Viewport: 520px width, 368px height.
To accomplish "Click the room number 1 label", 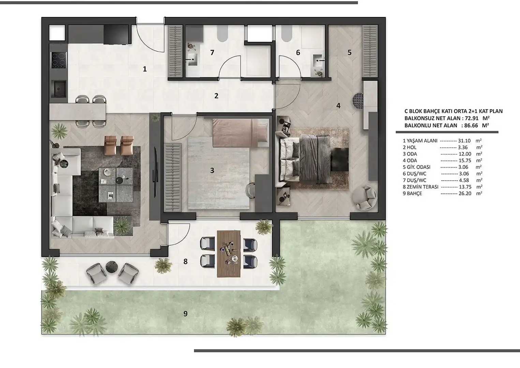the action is (145, 69).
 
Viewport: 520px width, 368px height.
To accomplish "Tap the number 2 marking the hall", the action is (217, 96).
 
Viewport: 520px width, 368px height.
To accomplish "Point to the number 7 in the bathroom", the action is (212, 53).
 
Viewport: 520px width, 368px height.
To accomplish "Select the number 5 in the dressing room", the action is (350, 53).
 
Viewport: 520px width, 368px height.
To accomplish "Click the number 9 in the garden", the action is (185, 314).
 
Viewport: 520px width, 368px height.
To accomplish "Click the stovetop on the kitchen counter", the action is (59, 60).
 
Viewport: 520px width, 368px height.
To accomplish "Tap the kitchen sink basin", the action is (59, 88).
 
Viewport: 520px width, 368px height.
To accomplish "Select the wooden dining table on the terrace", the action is (228, 254).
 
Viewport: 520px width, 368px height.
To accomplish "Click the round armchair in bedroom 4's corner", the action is (365, 198).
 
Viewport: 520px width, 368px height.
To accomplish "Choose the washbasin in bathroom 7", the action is (192, 60).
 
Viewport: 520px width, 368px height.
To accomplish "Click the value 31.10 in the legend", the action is (464, 141).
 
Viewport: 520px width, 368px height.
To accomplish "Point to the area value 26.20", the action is (465, 194).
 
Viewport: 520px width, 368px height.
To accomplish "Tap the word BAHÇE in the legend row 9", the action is (414, 194).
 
